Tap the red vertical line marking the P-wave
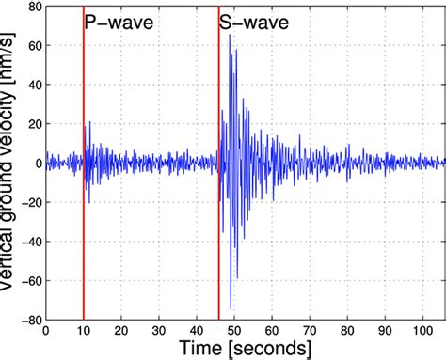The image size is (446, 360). click(x=84, y=188)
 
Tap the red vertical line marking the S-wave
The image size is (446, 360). click(x=218, y=188)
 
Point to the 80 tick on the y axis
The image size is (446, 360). click(x=33, y=6)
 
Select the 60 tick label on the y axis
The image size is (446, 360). click(x=33, y=45)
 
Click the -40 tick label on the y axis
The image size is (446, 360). click(x=30, y=242)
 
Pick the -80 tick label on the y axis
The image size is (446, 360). click(x=30, y=320)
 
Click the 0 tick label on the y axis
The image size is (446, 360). click(x=37, y=163)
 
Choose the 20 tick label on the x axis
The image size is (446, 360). click(x=121, y=330)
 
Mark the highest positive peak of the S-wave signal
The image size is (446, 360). click(x=230, y=35)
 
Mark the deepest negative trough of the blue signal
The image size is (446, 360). click(x=231, y=307)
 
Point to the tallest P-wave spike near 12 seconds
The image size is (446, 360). click(x=90, y=122)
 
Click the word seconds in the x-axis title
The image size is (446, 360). click(x=273, y=350)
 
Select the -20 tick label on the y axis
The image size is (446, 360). click(x=30, y=202)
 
